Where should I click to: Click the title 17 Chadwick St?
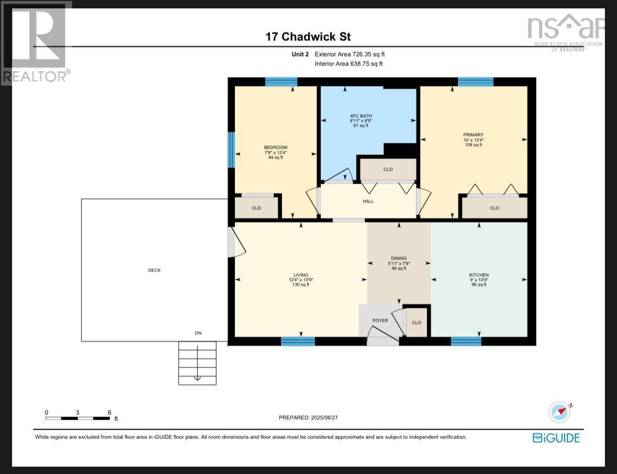[308, 37]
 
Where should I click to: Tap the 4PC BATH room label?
[361, 116]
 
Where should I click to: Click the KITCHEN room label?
[478, 275]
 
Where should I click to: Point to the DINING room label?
[398, 258]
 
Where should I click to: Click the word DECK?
[154, 270]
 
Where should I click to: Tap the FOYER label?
[380, 321]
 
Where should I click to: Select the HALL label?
[368, 201]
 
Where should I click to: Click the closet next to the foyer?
[417, 323]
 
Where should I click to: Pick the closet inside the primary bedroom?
[494, 208]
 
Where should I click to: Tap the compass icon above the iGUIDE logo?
[559, 412]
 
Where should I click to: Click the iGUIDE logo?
[556, 438]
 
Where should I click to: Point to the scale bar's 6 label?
[109, 412]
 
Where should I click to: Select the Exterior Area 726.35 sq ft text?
[350, 54]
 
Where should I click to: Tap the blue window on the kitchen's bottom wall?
[466, 342]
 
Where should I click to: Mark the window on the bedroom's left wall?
[231, 150]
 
